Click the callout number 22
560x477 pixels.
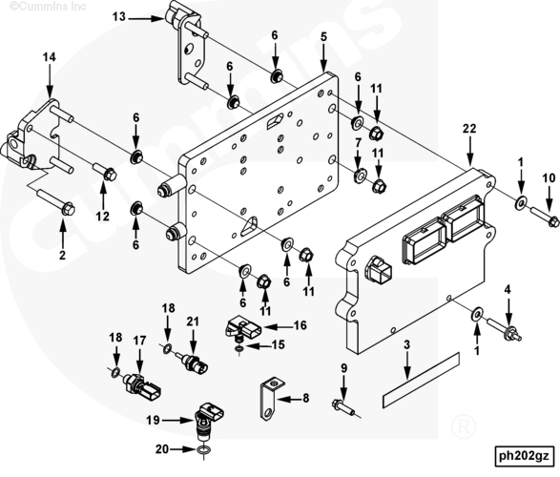pyautogui.click(x=469, y=129)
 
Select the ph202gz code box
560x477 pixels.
pyautogui.click(x=524, y=456)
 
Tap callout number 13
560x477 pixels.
pyautogui.click(x=119, y=17)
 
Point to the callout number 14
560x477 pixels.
pyautogui.click(x=50, y=57)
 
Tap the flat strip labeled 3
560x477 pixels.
pyautogui.click(x=421, y=380)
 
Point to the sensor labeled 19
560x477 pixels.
pyautogui.click(x=210, y=418)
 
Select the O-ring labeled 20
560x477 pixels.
pyautogui.click(x=202, y=450)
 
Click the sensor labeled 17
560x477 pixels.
pyautogui.click(x=143, y=386)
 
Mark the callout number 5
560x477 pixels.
pyautogui.click(x=323, y=37)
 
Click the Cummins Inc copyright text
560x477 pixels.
pyautogui.click(x=48, y=6)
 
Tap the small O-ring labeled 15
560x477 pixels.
pyautogui.click(x=239, y=347)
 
